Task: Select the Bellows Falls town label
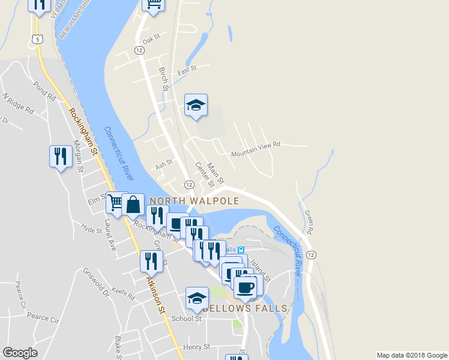pos(245,308)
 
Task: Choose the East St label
pos(187,70)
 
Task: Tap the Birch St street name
pos(163,79)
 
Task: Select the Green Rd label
pos(309,221)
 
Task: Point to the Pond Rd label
pos(45,89)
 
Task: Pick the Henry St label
pos(197,347)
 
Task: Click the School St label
pos(187,319)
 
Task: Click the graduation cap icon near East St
pos(196,106)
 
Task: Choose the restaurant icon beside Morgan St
pos(60,157)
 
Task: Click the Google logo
pos(20,353)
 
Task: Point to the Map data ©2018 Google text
pos(412,355)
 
